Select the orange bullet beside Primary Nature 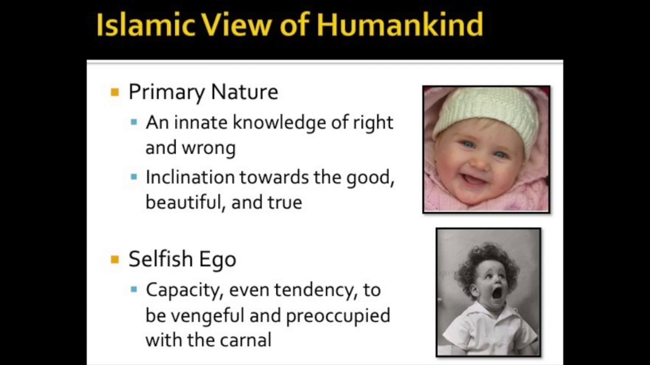(115, 92)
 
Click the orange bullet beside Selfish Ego (115, 260)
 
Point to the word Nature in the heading (244, 92)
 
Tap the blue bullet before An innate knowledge (134, 122)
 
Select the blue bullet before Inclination (134, 177)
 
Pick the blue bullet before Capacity (134, 289)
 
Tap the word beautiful (184, 202)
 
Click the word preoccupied (338, 316)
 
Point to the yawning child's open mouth (497, 293)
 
